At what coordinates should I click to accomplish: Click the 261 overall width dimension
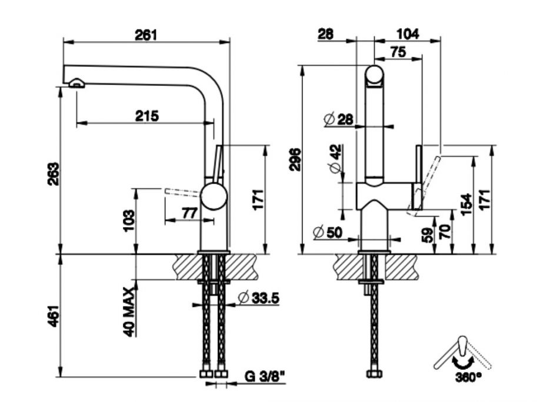[x=146, y=35]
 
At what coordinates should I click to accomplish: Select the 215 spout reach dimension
[x=146, y=116]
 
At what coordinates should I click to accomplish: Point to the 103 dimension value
[x=129, y=221]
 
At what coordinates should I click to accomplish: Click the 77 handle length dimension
[x=188, y=214]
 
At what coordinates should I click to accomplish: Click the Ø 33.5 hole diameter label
[x=259, y=298]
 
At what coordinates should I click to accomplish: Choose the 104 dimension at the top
[x=408, y=35]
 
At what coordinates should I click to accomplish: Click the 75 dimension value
[x=398, y=52]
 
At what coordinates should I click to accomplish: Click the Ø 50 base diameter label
[x=328, y=232]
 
